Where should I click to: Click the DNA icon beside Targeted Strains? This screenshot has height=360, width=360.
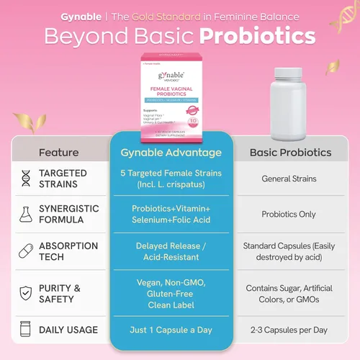click(x=27, y=178)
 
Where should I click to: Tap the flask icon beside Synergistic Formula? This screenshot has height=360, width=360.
click(x=27, y=213)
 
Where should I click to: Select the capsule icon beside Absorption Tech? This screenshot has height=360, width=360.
click(x=27, y=251)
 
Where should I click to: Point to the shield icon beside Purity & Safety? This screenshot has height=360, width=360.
click(x=27, y=293)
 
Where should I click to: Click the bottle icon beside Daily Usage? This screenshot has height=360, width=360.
click(x=27, y=330)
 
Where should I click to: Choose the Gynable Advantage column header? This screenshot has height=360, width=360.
click(x=171, y=153)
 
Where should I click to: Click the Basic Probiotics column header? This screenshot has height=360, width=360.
click(x=289, y=153)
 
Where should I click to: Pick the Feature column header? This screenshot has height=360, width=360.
click(x=59, y=153)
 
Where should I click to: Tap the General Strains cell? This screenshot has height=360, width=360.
click(x=289, y=179)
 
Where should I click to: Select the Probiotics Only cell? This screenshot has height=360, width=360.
click(x=289, y=214)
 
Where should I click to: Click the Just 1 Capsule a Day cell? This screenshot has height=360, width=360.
click(x=171, y=330)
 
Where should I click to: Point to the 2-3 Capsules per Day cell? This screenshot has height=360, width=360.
click(x=289, y=330)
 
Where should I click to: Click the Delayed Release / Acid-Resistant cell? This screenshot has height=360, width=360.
click(x=171, y=251)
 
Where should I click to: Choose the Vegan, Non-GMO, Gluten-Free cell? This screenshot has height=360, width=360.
click(x=171, y=292)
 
